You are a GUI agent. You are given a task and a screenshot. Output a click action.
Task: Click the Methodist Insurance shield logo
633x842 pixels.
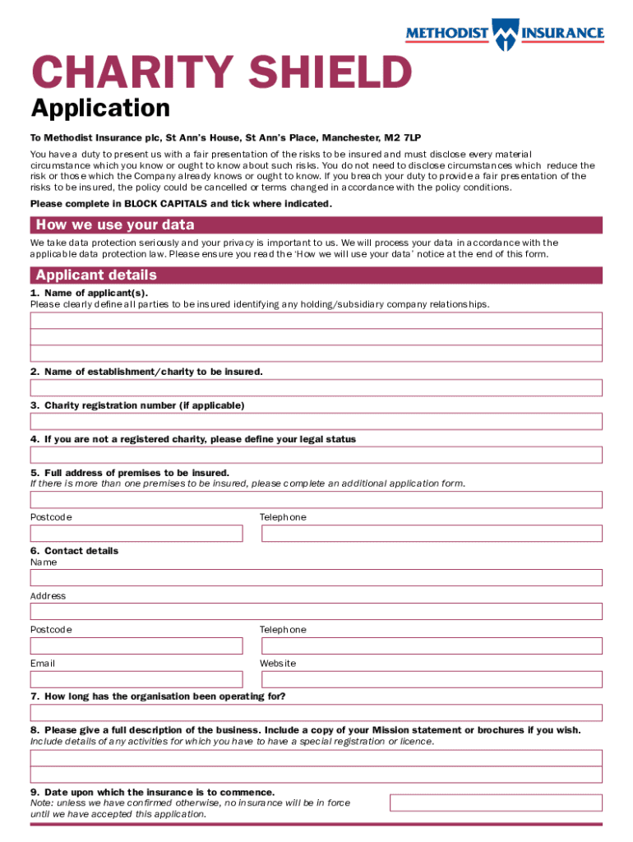pyautogui.click(x=504, y=34)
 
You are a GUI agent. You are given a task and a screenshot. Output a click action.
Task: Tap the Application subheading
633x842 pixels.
pyautogui.click(x=100, y=109)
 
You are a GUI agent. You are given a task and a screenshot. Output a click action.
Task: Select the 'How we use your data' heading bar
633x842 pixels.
pyautogui.click(x=316, y=225)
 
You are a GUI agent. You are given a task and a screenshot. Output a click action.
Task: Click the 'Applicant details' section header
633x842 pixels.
pyautogui.click(x=316, y=275)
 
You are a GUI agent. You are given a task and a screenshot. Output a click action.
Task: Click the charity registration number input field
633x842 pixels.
pyautogui.click(x=316, y=421)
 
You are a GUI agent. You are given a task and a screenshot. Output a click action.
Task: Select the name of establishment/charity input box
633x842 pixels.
pyautogui.click(x=316, y=387)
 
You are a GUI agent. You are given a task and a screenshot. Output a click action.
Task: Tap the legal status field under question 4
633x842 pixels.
pyautogui.click(x=316, y=455)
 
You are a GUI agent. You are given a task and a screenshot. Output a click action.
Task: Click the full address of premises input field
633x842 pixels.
pyautogui.click(x=316, y=499)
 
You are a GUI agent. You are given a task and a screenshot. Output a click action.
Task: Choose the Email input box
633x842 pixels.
pyautogui.click(x=136, y=679)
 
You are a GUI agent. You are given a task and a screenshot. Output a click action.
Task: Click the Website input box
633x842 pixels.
pyautogui.click(x=432, y=679)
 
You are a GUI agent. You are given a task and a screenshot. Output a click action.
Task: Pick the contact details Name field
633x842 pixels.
pyautogui.click(x=316, y=577)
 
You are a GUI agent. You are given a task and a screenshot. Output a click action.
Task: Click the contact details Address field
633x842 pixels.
pyautogui.click(x=316, y=611)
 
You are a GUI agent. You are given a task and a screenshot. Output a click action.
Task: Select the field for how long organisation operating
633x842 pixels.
pyautogui.click(x=316, y=712)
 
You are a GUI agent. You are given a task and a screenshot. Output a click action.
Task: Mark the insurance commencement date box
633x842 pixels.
pyautogui.click(x=496, y=803)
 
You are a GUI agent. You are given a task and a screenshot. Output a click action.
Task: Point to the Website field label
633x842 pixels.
pyautogui.click(x=278, y=663)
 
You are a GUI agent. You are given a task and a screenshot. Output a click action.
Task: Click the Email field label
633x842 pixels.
pyautogui.click(x=43, y=663)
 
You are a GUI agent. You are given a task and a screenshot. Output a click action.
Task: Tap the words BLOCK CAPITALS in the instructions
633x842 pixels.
pyautogui.click(x=167, y=203)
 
